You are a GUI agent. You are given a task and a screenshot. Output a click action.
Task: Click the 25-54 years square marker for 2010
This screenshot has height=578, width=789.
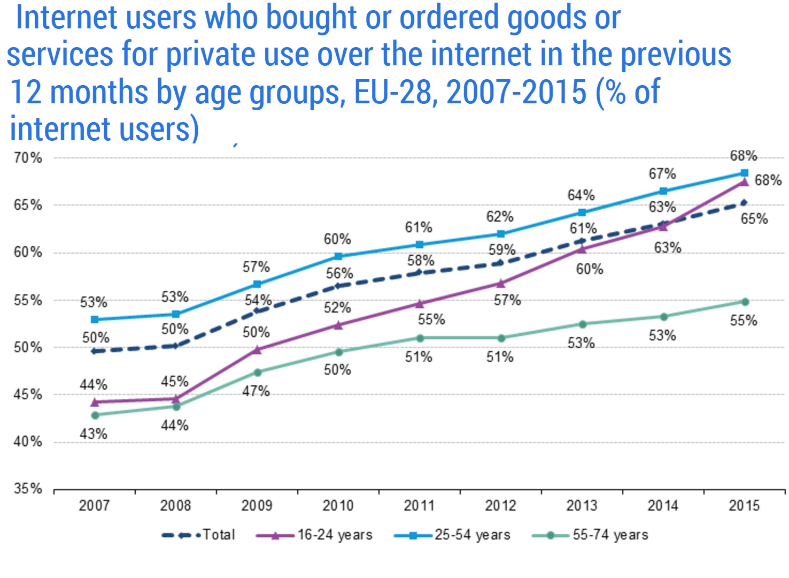pos(338,256)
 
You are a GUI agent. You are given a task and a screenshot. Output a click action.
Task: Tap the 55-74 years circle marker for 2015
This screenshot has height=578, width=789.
pos(745,302)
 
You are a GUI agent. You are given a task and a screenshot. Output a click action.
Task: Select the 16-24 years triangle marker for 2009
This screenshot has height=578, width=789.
pos(257,349)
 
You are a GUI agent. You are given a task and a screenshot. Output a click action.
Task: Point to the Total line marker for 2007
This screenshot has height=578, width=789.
pos(95,351)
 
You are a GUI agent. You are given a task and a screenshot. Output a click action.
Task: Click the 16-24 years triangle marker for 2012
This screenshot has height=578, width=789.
pos(501,283)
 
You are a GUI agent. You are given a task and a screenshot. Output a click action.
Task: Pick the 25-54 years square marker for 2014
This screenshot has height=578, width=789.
pos(663,191)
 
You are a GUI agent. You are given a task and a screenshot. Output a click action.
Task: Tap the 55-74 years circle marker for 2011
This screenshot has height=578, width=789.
pos(420,338)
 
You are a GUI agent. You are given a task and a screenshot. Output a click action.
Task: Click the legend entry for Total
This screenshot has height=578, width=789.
pos(199,535)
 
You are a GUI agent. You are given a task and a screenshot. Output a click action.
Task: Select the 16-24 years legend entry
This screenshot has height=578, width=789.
pos(314,535)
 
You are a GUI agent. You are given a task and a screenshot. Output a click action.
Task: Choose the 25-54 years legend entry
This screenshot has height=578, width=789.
pos(452,535)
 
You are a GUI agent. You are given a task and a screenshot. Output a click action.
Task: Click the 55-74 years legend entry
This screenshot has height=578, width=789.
pos(590,535)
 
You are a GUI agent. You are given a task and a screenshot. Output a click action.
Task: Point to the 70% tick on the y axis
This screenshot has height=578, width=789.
pos(28,158)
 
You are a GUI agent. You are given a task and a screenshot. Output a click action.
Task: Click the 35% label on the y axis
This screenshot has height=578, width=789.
pos(28,489)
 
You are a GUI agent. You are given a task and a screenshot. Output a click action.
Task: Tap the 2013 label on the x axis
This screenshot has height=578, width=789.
pos(582,505)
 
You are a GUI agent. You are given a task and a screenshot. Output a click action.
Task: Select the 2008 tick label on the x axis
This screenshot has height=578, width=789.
pos(175,505)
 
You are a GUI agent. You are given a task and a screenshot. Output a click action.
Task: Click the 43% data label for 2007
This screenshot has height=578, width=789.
pos(94,433)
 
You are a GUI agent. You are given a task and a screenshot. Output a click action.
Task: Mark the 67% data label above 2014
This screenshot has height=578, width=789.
pos(662,173)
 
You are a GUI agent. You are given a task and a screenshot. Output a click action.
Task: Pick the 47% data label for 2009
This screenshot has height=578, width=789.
pos(256,391)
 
